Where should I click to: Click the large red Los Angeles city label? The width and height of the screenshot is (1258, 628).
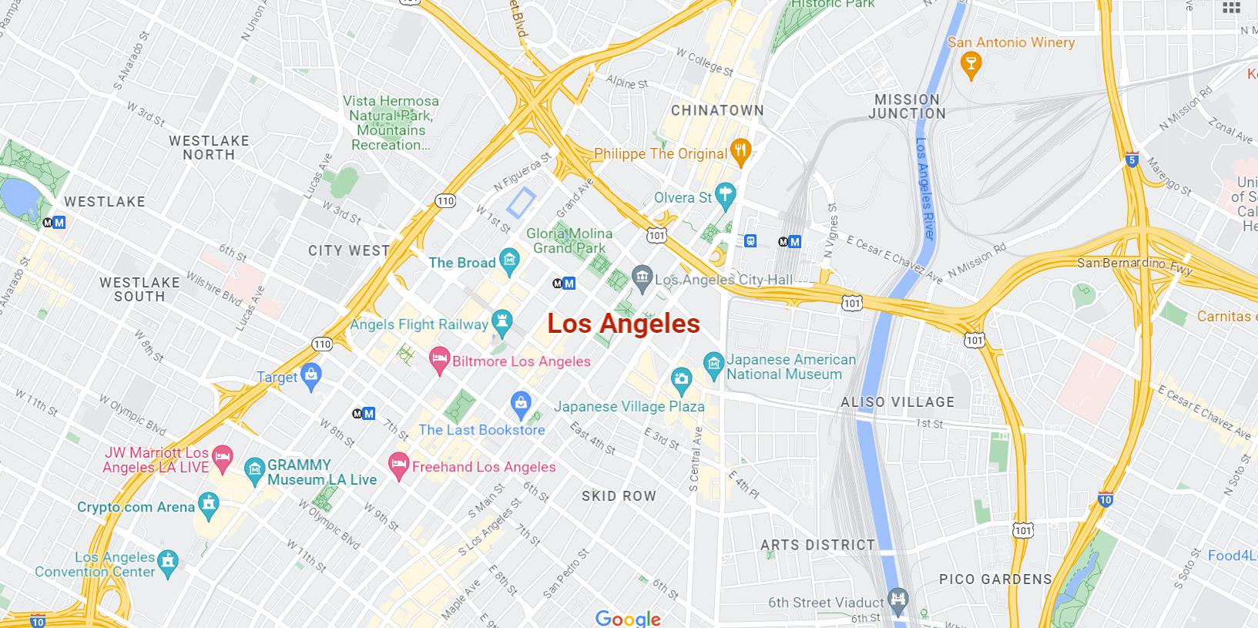coord(623,324)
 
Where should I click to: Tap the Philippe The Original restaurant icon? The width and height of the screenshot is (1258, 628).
coord(740,152)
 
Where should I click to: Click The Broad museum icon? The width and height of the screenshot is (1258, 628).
coord(508,262)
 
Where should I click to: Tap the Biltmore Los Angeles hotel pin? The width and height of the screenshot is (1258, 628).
coord(439,360)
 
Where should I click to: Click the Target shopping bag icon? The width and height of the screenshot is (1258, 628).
coord(311,375)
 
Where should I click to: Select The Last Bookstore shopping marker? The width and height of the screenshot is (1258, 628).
coord(522,403)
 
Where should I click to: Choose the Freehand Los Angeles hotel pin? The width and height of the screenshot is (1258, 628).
coord(398,465)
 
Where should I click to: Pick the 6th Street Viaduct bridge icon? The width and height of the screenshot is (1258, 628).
coord(897,599)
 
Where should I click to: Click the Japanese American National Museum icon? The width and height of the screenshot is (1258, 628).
coord(713,362)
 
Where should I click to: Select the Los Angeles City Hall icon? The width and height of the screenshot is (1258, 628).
coord(641,277)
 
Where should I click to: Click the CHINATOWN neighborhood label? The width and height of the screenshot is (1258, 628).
coord(717,110)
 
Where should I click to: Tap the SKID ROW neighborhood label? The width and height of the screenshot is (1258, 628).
coord(619,496)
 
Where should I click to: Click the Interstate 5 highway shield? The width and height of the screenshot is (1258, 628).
coord(1131,160)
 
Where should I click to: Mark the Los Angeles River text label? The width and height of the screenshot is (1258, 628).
coord(924,188)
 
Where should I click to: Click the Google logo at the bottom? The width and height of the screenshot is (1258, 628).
coord(628,619)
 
